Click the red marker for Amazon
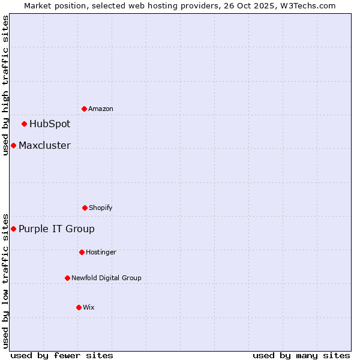pos(84,109)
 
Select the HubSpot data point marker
pos(24,124)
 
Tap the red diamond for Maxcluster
pos(13,146)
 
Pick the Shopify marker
pos(85,208)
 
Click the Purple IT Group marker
pos(13,229)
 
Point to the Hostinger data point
pos(82,252)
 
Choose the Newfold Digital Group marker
pos(67,278)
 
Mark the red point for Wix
pos(79,307)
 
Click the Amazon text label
pos(101,109)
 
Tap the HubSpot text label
pos(50,124)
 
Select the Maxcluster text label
pos(44,146)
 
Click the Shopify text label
pos(101,208)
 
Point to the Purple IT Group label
pos(56,229)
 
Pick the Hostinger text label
pos(101,253)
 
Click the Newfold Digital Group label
pos(106,278)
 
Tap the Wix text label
pos(89,308)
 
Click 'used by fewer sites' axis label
pos(62,355)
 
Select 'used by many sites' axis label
pos(301,355)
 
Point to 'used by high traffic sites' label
pos(6,85)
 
